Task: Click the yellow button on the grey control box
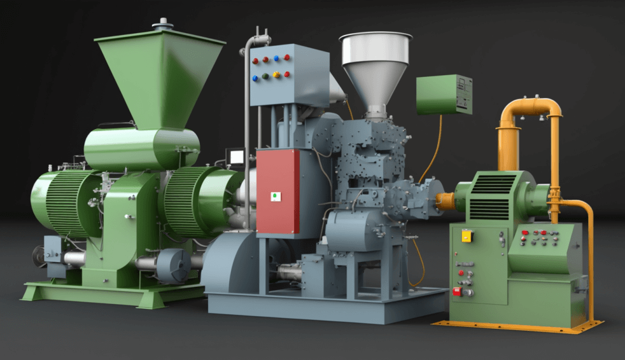point(276,75)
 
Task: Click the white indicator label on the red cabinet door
point(276,196)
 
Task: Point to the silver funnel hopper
point(376,64)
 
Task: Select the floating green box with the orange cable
point(444,95)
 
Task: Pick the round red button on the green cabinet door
point(461,273)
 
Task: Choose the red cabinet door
point(277,191)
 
